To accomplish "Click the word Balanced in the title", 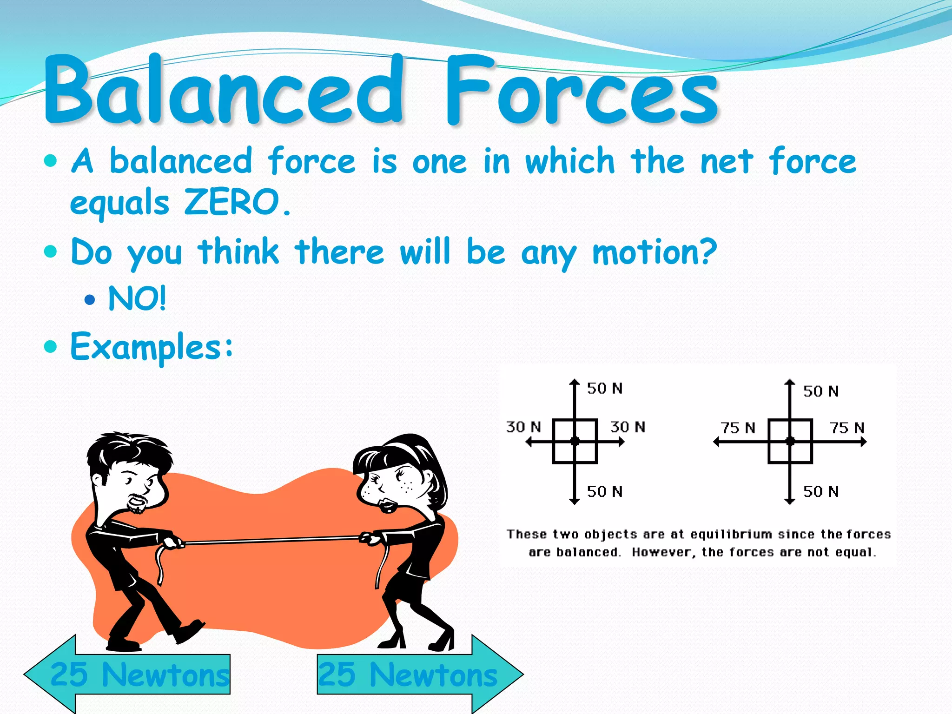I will click(223, 91).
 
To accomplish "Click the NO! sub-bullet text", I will click(137, 298).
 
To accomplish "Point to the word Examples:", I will click(151, 347).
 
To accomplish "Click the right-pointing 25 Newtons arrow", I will click(418, 674).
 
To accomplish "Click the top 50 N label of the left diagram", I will click(604, 388).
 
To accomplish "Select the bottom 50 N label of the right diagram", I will click(821, 491).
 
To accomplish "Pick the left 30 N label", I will click(523, 427).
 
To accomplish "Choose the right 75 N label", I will click(847, 428).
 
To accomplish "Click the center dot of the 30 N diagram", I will click(575, 441).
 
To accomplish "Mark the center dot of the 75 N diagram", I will click(790, 441).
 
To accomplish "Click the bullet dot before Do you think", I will click(50, 252).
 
